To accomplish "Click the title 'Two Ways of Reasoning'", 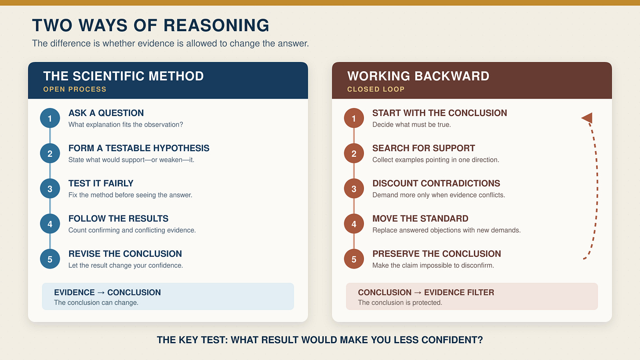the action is (x=151, y=25).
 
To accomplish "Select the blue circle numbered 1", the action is (x=50, y=118).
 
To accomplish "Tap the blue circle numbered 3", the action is (x=50, y=189).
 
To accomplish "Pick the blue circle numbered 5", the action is (x=50, y=259).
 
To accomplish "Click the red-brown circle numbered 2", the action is (x=354, y=153).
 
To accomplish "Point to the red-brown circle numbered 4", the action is (x=354, y=224).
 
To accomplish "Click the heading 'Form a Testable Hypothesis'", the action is (x=139, y=148).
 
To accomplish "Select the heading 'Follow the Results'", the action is (x=118, y=218).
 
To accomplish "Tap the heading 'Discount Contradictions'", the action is (x=436, y=183).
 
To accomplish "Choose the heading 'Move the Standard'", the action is (x=420, y=218).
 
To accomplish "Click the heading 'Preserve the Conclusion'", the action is (x=436, y=254).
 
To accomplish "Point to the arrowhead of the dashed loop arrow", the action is (x=587, y=117).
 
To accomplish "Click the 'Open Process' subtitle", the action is (x=75, y=89).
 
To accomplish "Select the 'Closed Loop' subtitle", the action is (x=376, y=89).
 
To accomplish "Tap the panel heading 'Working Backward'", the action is (x=418, y=76).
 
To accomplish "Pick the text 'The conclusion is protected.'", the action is (x=400, y=302).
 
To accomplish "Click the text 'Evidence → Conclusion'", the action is (x=107, y=292).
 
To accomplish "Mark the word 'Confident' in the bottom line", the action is (x=452, y=340).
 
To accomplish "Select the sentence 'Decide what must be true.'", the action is (x=411, y=124).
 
